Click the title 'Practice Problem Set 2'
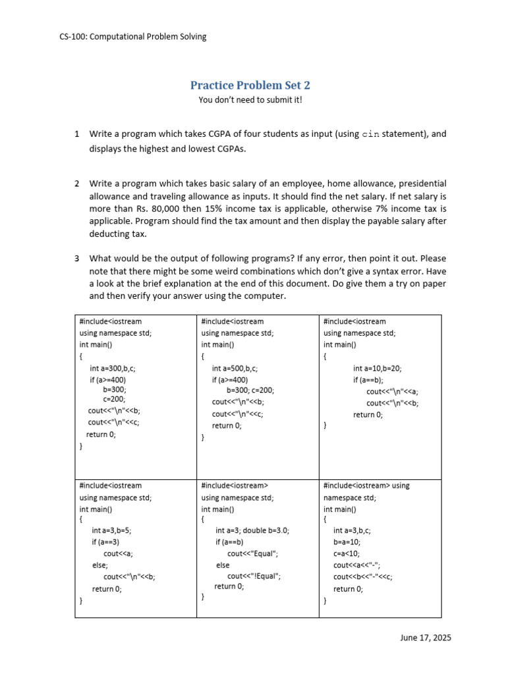pos(250,85)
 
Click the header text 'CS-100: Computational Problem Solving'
pos(132,37)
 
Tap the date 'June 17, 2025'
pos(425,638)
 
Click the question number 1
pos(77,134)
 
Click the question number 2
pos(77,183)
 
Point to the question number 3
pos(77,258)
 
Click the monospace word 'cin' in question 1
pos(371,134)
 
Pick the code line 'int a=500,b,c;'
pos(235,369)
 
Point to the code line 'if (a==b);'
pos(368,380)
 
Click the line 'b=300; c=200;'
pos(250,390)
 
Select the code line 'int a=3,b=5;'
pos(116,530)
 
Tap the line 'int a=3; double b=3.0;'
pos(252,530)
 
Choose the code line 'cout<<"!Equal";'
pos(254,576)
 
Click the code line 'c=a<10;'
pos(347,554)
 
